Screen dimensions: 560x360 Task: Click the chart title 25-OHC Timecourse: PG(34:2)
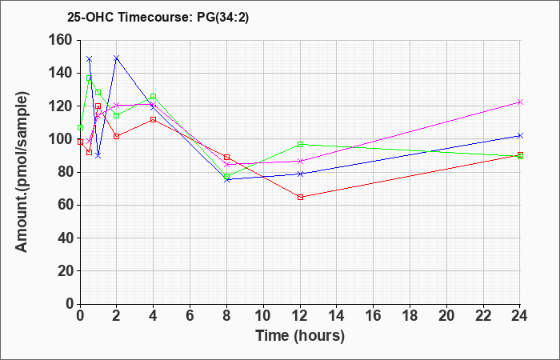pos(158,17)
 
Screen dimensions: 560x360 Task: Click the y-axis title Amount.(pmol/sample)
pos(22,172)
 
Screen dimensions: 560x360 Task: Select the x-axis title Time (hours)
pos(300,336)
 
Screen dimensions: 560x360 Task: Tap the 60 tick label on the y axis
pos(65,206)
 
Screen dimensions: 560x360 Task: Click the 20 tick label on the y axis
pos(65,271)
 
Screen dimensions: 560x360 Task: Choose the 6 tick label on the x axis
pos(190,316)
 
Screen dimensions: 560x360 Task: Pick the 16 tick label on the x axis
pos(374,316)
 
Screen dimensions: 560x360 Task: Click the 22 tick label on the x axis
pos(483,316)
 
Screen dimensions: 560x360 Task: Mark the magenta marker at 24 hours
pos(520,102)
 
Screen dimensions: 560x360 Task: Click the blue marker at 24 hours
pos(520,136)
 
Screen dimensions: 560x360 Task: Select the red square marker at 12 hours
pos(300,197)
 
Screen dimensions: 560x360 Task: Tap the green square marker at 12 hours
pos(300,144)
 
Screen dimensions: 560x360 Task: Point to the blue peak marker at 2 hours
pos(117,58)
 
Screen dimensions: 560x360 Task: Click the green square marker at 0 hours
pos(80,127)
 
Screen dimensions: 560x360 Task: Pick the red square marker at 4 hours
pos(154,120)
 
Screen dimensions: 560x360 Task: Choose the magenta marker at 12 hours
pos(300,161)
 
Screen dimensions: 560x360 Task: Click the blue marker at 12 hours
pos(300,174)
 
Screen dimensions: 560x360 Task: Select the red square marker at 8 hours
pos(226,157)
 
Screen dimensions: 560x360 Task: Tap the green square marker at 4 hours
pos(154,97)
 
